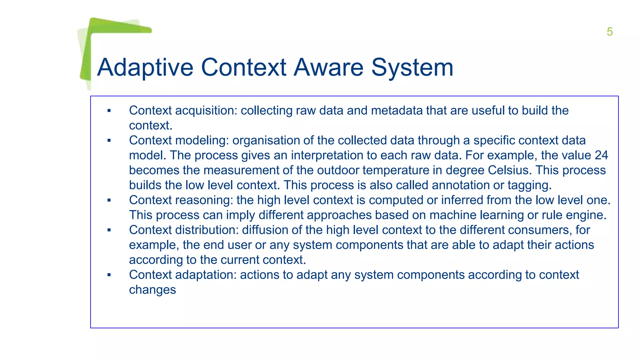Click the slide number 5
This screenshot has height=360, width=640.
point(609,32)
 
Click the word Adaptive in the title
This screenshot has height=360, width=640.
point(145,67)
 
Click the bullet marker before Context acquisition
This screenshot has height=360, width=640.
point(109,111)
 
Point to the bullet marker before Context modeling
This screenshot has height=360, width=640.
point(109,141)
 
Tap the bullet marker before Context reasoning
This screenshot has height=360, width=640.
point(109,200)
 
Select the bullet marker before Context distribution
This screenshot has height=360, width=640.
point(109,230)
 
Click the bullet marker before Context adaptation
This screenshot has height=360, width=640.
point(109,275)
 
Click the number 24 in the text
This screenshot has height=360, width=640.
point(601,155)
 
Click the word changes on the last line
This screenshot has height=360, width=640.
point(152,290)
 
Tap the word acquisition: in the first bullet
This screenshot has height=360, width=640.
point(207,111)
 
